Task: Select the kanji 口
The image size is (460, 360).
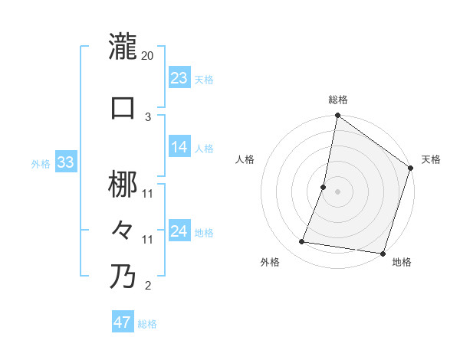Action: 123,107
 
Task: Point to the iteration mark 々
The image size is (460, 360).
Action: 123,229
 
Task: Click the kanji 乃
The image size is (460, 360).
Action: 123,276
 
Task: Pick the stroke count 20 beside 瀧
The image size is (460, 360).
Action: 148,56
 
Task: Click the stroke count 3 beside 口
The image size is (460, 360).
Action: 148,117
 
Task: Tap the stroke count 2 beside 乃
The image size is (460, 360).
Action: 148,286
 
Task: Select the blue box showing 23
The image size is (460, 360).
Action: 179,78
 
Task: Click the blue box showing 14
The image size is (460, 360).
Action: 179,148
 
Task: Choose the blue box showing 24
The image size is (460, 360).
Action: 179,231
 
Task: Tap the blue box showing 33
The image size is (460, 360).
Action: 65,162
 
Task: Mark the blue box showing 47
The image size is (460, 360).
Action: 123,322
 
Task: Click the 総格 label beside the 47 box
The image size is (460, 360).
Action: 147,324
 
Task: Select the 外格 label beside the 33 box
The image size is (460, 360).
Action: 41,164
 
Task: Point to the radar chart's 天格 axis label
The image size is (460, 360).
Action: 431,159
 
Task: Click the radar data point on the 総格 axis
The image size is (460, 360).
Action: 337,116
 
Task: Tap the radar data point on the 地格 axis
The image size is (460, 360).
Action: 382,253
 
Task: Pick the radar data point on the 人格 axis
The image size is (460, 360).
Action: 324,187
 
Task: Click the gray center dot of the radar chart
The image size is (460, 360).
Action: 337,191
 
